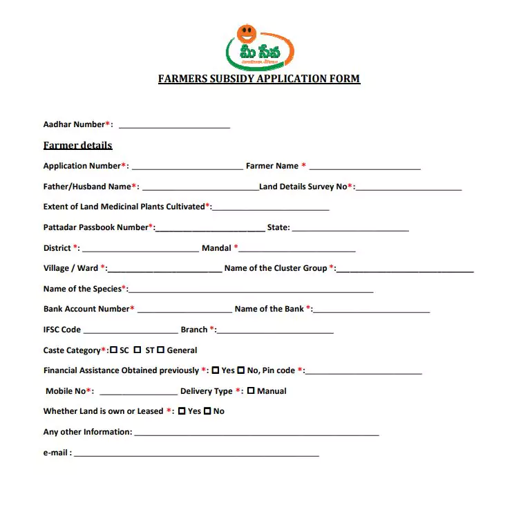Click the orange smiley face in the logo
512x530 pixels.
pyautogui.click(x=246, y=33)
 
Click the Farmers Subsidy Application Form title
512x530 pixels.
pyautogui.click(x=259, y=79)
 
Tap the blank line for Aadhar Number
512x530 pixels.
pyautogui.click(x=174, y=126)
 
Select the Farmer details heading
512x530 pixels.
pyautogui.click(x=77, y=145)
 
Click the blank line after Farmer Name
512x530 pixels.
pyautogui.click(x=365, y=167)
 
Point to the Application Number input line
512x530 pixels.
pyautogui.click(x=187, y=167)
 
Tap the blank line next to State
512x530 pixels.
pyautogui.click(x=350, y=229)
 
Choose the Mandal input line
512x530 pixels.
pyautogui.click(x=297, y=249)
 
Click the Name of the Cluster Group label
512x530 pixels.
pyautogui.click(x=276, y=268)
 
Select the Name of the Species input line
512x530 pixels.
pyautogui.click(x=250, y=290)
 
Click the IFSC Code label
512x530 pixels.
pyautogui.click(x=62, y=330)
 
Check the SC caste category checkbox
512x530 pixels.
pyautogui.click(x=114, y=350)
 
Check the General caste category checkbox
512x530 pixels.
pyautogui.click(x=160, y=350)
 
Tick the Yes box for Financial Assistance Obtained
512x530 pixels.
pyautogui.click(x=216, y=371)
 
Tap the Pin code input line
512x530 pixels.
pyautogui.click(x=363, y=372)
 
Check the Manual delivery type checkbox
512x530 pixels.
pyautogui.click(x=251, y=391)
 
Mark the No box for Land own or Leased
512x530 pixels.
pyautogui.click(x=207, y=412)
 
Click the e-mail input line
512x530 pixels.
pyautogui.click(x=196, y=454)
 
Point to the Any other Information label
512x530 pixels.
pyautogui.click(x=88, y=432)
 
